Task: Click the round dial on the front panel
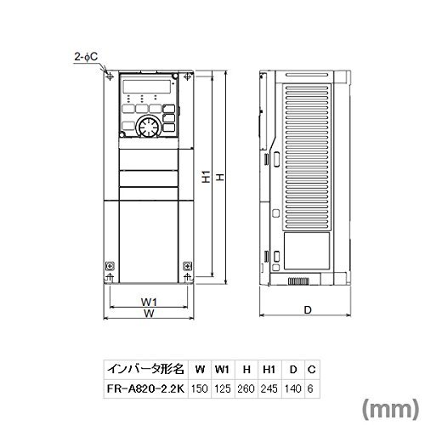point(144,128)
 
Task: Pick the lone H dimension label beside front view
point(220,179)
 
